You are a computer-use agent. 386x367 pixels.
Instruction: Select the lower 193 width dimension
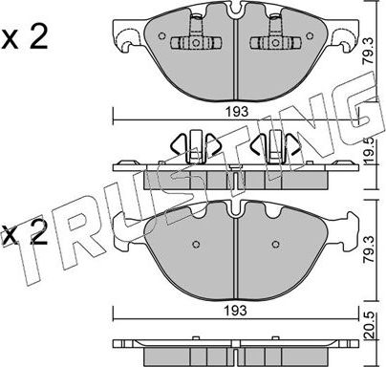pyautogui.click(x=235, y=312)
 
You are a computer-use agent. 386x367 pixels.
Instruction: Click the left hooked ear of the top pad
pyautogui.click(x=122, y=38)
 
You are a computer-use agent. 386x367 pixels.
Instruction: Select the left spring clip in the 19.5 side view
pyautogui.click(x=194, y=148)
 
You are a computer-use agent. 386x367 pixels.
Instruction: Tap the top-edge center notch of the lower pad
pyautogui.click(x=234, y=205)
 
